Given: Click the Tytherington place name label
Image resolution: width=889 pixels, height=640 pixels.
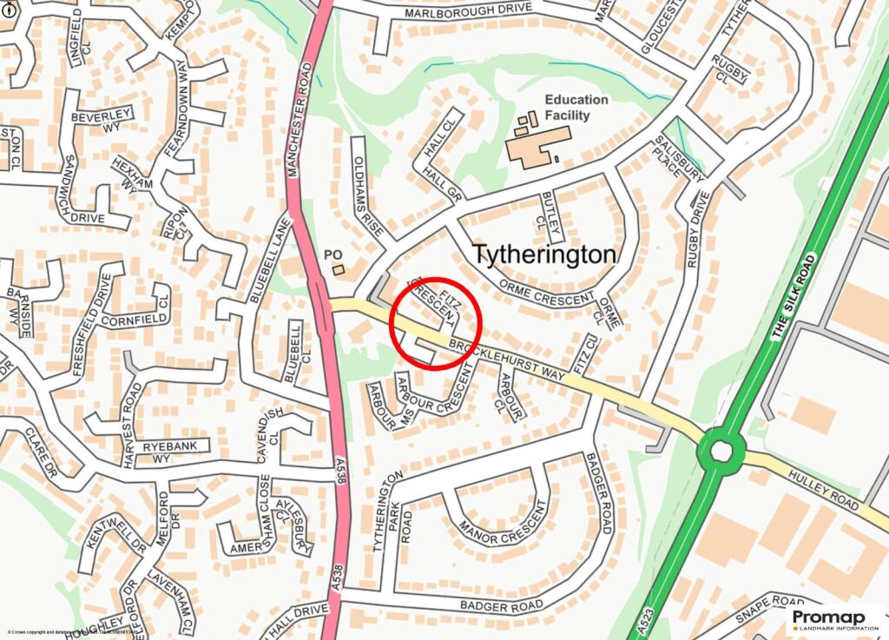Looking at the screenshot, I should tap(544, 254).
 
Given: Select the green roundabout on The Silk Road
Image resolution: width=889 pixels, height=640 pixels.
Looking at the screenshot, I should tap(721, 450).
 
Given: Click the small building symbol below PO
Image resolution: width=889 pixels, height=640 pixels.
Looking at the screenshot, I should tap(339, 269).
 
